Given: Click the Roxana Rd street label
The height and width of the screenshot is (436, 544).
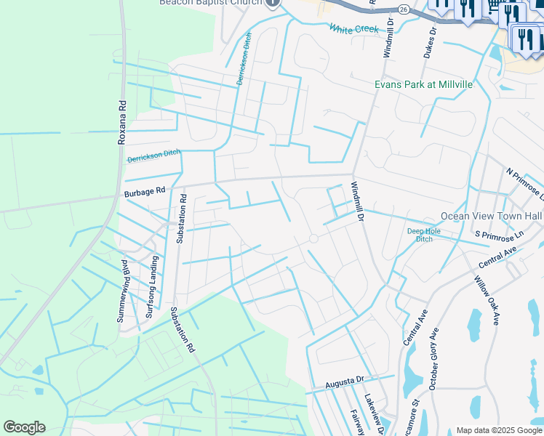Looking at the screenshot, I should pyautogui.click(x=122, y=122).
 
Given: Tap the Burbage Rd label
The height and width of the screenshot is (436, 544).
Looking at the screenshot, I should pyautogui.click(x=145, y=193).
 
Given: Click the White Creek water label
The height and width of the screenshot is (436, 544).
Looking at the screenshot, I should pyautogui.click(x=354, y=29).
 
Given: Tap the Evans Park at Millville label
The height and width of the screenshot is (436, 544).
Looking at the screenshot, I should pyautogui.click(x=423, y=84).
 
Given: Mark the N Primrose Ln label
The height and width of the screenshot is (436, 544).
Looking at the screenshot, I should pyautogui.click(x=525, y=185).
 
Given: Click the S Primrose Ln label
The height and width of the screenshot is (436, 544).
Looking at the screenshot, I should pyautogui.click(x=500, y=235).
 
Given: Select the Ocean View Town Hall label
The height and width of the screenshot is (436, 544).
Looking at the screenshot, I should pyautogui.click(x=492, y=217).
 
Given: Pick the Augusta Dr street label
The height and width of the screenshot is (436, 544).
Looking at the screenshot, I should pyautogui.click(x=345, y=381).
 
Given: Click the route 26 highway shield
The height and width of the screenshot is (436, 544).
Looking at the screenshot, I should pyautogui.click(x=402, y=9).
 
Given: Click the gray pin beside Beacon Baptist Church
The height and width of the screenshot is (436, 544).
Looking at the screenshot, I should pyautogui.click(x=273, y=3).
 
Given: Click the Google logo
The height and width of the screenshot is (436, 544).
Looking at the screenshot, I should pyautogui.click(x=24, y=427).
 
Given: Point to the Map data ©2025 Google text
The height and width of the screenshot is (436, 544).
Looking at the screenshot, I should pyautogui.click(x=500, y=430).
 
